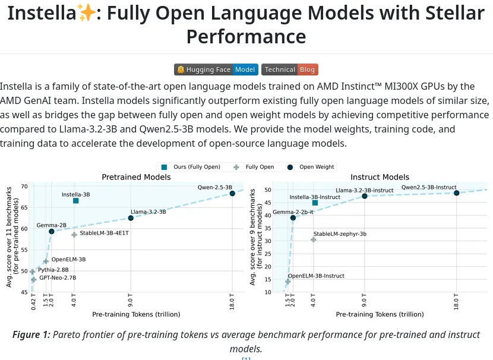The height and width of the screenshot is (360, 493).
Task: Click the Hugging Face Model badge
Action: pos(216,70)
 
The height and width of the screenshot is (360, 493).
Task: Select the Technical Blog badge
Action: pos(290,70)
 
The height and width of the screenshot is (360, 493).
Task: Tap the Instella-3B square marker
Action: pos(75,201)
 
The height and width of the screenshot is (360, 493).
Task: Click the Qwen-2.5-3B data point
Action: pos(232,193)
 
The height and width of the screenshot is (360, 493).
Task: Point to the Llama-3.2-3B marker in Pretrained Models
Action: pos(131,218)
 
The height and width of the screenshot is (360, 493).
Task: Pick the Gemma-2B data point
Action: pos(52,231)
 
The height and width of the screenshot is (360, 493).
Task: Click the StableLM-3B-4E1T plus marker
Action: pos(74,235)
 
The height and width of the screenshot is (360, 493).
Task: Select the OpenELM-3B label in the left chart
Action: pos(68,260)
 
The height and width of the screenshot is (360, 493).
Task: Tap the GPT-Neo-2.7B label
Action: pos(58,277)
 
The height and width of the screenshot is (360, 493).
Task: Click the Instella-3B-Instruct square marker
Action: pos(315,203)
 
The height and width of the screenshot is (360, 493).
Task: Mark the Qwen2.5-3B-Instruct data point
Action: pos(456,193)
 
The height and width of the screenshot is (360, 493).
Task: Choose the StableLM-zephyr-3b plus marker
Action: pos(314,239)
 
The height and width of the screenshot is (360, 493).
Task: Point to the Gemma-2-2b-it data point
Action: pos(293,218)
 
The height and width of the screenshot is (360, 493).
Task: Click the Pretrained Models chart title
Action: pos(130,177)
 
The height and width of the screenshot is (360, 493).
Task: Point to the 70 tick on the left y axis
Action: pos(24,187)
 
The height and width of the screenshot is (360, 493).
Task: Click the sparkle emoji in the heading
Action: pos(84,13)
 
